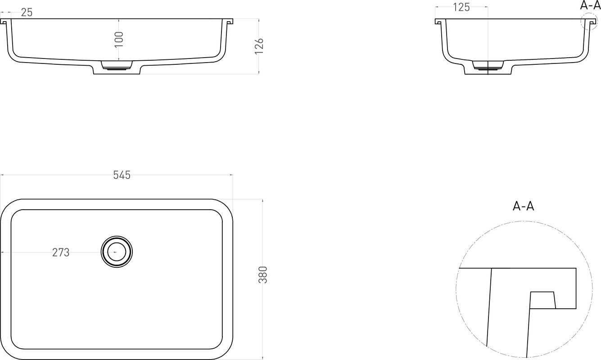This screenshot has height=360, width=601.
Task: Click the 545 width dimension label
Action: click(122, 175)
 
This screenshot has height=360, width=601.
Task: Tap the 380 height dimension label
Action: click(263, 274)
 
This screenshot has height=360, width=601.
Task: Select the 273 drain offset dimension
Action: click(61, 252)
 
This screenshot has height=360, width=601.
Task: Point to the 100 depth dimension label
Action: click(119, 39)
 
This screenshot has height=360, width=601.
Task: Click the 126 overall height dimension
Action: click(259, 46)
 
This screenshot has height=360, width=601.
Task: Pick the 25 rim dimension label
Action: click(27, 12)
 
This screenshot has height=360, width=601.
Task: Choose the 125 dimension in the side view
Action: click(461, 8)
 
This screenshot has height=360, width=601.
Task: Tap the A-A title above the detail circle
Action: click(523, 206)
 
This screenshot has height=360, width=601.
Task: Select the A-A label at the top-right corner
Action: click(590, 5)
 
